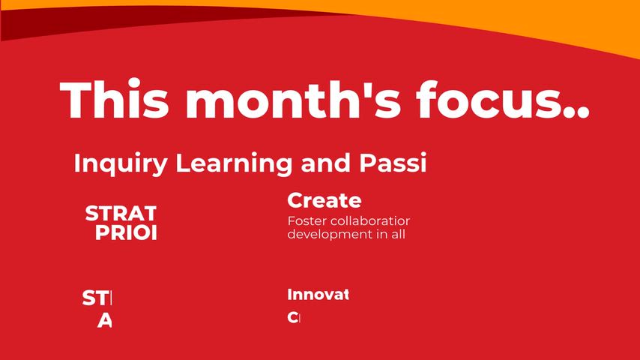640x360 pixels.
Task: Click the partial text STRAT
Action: pos(121,214)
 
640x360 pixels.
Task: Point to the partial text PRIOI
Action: pos(126,233)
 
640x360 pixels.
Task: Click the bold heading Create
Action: pos(324,201)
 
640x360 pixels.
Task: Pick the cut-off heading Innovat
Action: pos(318,295)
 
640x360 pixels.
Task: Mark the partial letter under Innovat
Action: pos(294,317)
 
